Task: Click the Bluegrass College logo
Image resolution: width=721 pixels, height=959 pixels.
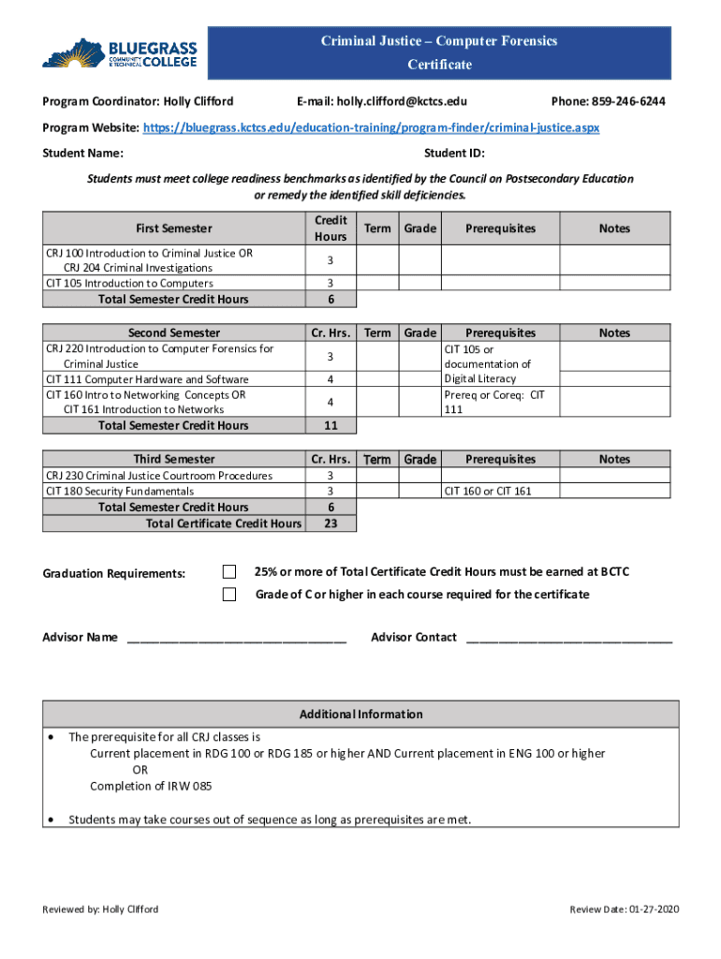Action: (120, 52)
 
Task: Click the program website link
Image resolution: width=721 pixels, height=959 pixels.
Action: (371, 127)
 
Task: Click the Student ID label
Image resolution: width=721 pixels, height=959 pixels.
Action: (453, 154)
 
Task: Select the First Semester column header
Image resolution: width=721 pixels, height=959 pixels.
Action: (174, 229)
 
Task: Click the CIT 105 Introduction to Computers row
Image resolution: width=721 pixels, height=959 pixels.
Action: (129, 283)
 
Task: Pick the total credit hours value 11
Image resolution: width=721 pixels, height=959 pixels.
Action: (331, 425)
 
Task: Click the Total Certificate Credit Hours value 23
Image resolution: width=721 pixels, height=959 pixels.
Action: (331, 524)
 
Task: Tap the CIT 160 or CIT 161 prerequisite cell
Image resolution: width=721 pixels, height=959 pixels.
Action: (488, 491)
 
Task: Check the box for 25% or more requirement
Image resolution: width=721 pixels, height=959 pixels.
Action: (228, 572)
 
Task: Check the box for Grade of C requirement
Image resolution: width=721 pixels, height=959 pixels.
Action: (228, 595)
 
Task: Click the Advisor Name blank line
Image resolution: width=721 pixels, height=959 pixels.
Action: (236, 639)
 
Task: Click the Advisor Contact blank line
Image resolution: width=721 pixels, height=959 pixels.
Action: (568, 639)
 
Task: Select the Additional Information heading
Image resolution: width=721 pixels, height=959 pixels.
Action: (360, 715)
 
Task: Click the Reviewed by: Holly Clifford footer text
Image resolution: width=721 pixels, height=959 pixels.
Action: (100, 909)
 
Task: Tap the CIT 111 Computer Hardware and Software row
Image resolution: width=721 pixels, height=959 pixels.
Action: (147, 379)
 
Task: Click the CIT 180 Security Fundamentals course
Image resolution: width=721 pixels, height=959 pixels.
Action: (120, 491)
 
